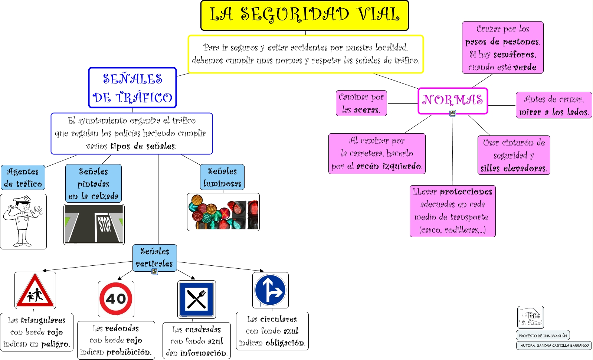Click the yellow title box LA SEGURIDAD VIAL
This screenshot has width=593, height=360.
(x=304, y=15)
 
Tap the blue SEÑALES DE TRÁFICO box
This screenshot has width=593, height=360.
(x=132, y=88)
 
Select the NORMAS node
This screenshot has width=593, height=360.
(x=453, y=100)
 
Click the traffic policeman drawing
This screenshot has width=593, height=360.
(x=23, y=222)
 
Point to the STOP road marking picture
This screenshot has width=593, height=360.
(x=94, y=225)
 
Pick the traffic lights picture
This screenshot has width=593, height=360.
(x=223, y=212)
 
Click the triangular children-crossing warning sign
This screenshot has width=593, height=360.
(x=35, y=291)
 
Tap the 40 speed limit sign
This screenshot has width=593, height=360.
(x=116, y=299)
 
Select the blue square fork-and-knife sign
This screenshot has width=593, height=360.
(x=197, y=299)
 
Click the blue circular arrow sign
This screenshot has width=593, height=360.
(x=271, y=290)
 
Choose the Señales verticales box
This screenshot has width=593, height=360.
(x=154, y=258)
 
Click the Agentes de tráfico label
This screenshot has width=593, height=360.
(x=23, y=177)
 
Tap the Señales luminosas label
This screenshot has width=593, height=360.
(x=222, y=177)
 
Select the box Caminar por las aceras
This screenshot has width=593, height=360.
(x=361, y=103)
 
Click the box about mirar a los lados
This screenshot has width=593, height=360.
(x=554, y=105)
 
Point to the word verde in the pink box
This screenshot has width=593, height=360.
(x=525, y=67)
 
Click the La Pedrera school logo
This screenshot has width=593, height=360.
(x=531, y=317)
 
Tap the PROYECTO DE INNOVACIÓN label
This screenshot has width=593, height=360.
(x=543, y=336)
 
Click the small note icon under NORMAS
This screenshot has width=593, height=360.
(x=453, y=113)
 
